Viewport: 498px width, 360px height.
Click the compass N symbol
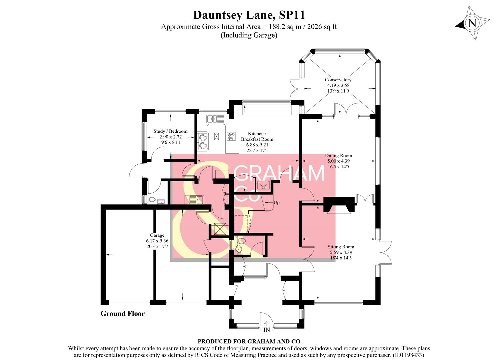(472, 23)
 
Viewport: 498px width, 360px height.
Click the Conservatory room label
(338, 80)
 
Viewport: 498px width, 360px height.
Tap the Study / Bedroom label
(170, 131)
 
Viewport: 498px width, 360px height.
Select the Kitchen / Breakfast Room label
(257, 136)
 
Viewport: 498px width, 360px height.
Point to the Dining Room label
(338, 156)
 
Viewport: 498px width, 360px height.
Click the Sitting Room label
(341, 247)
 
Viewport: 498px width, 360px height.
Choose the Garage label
(157, 235)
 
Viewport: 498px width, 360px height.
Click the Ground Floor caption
(123, 314)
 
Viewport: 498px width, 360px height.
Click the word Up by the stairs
(276, 202)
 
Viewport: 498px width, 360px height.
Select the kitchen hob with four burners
(231, 136)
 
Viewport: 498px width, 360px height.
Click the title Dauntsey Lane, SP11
(249, 15)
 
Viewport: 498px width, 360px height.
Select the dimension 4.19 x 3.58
(338, 85)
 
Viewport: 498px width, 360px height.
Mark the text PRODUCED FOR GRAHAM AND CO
(249, 341)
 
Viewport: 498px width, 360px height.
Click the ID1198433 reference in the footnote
(409, 355)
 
